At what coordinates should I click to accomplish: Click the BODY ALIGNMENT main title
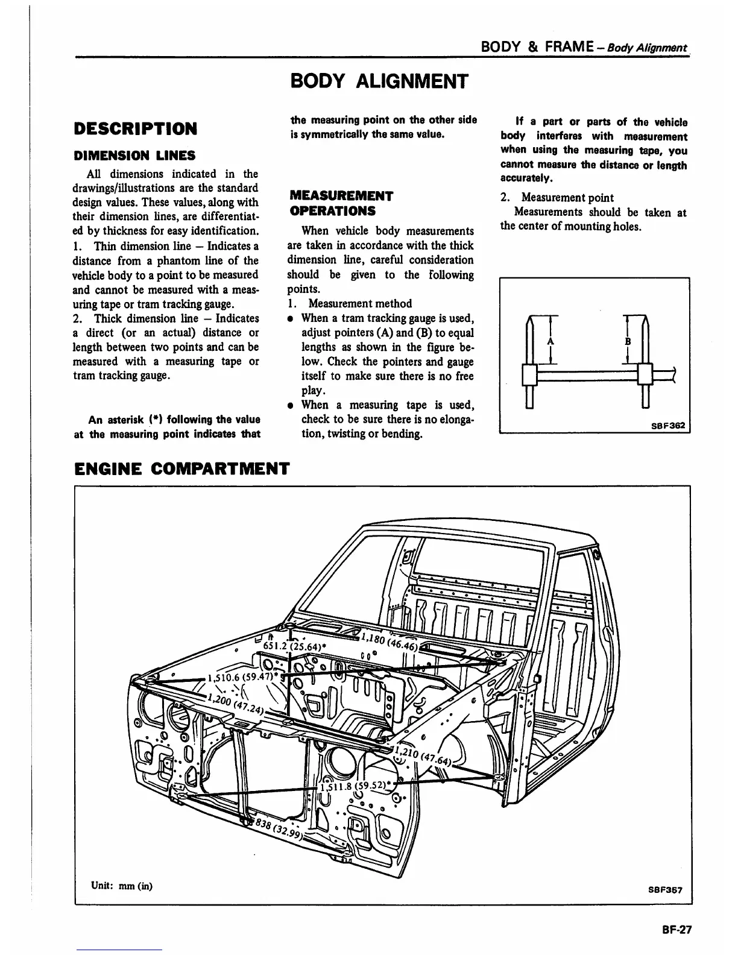[x=379, y=81]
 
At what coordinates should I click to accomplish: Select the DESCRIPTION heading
[x=135, y=128]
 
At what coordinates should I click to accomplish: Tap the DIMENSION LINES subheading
[x=134, y=156]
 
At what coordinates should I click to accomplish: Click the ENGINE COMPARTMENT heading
[x=181, y=468]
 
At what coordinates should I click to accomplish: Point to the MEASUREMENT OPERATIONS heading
[x=341, y=203]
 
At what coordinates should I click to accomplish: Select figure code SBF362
[x=668, y=425]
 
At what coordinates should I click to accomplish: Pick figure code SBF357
[x=666, y=889]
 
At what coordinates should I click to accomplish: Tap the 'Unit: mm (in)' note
[x=122, y=886]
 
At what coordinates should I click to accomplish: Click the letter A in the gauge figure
[x=550, y=341]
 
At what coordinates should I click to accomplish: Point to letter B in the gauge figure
[x=627, y=341]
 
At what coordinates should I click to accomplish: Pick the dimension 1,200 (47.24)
[x=235, y=704]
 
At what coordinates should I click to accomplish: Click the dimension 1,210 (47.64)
[x=422, y=755]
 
